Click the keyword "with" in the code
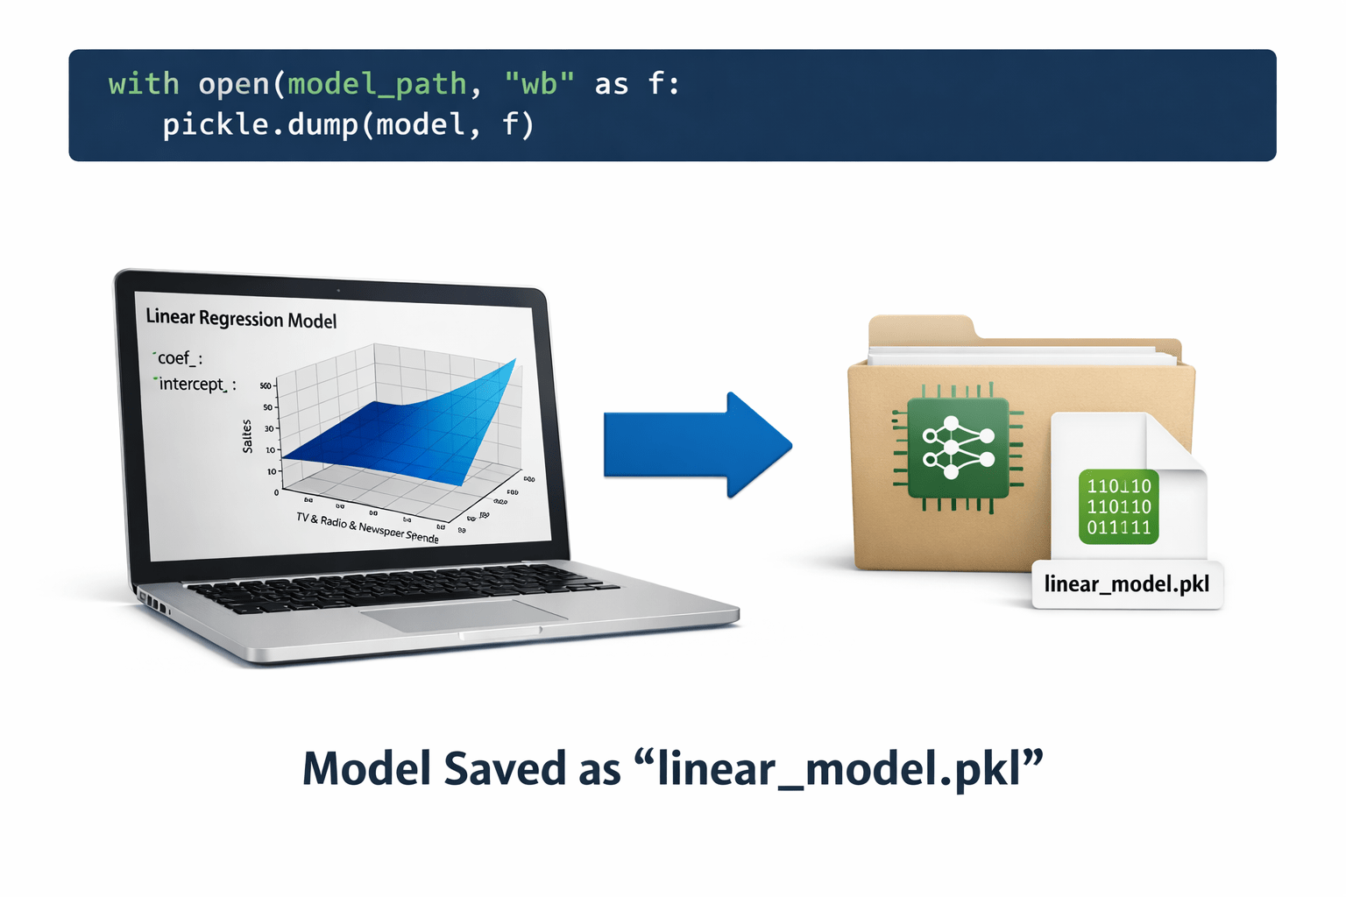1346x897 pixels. (x=144, y=84)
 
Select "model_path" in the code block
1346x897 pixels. (x=377, y=84)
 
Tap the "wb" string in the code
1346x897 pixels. (x=539, y=84)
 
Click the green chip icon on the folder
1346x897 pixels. (x=958, y=447)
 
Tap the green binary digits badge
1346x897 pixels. (x=1119, y=507)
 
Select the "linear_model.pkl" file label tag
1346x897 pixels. (x=1127, y=584)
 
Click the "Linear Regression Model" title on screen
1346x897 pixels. (x=241, y=319)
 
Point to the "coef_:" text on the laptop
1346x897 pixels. (x=179, y=358)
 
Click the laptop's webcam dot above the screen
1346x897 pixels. (x=338, y=290)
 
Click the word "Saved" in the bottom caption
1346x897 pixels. (x=505, y=769)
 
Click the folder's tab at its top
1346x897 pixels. (x=920, y=328)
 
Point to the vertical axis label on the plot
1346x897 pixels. (x=247, y=435)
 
